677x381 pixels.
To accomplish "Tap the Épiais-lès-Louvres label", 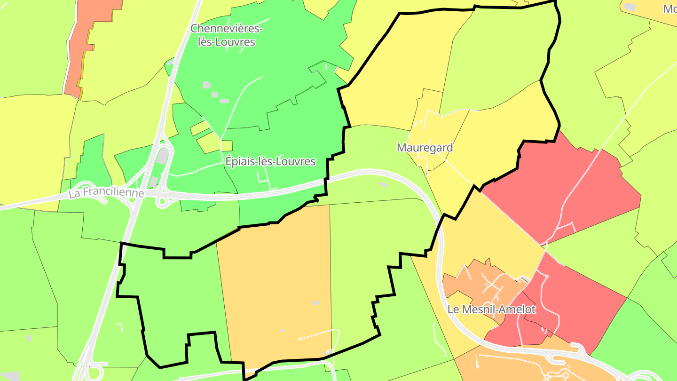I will (270, 161).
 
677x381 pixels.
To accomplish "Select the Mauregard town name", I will (425, 148).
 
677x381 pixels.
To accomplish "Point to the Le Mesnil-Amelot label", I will (491, 310).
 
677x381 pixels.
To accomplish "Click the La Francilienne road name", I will (106, 193).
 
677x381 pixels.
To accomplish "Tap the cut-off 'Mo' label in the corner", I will (669, 8).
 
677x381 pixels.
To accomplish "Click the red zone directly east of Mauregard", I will (564, 188).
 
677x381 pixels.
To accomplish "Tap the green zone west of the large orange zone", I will (174, 301).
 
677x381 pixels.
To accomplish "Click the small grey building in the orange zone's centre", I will (316, 302).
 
